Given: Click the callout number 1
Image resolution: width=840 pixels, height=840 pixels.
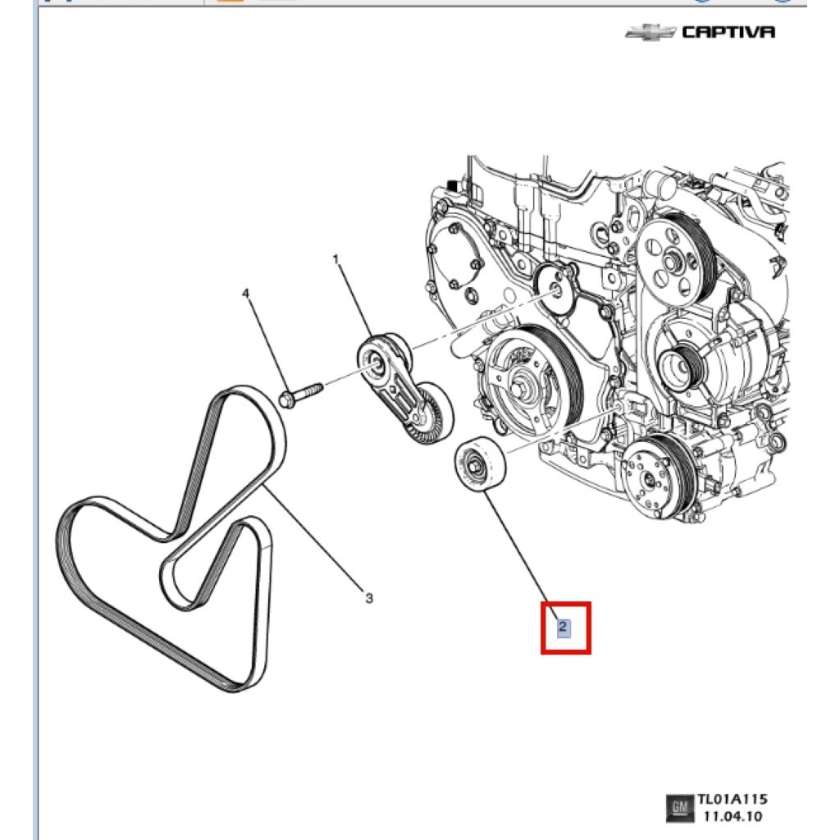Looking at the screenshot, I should coord(336,260).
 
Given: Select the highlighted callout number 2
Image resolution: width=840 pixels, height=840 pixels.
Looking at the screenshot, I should coord(563,628).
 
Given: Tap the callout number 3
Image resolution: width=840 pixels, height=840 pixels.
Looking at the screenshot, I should coord(369,598).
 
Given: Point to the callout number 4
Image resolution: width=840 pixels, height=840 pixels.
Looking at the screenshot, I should coord(244,294).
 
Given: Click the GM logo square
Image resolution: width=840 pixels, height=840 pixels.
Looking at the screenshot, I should coord(678,808).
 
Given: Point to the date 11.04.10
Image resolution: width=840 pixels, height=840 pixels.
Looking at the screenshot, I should coord(732,816).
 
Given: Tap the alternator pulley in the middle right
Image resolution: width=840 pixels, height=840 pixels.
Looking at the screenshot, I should coord(678,362).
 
